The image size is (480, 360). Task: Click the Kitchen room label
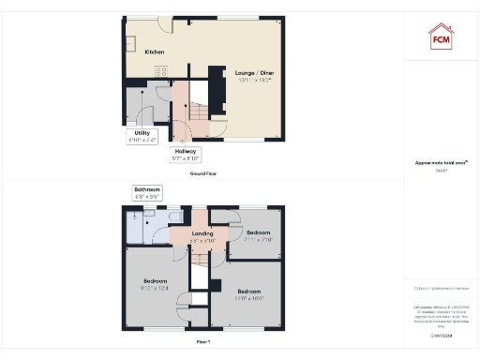pyautogui.click(x=155, y=52)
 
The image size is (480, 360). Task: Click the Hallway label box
pyautogui.click(x=185, y=155)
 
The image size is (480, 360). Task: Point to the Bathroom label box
pyautogui.click(x=148, y=194)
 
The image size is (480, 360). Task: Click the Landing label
pyautogui.click(x=204, y=236)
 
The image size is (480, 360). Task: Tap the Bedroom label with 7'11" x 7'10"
pyautogui.click(x=259, y=235)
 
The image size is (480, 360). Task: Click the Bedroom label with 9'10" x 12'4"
pyautogui.click(x=155, y=284)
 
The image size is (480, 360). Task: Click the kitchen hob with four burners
pyautogui.click(x=161, y=70)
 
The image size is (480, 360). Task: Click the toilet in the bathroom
pyautogui.click(x=175, y=217)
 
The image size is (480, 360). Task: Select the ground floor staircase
pyautogui.click(x=194, y=108)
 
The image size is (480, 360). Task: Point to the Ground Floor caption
pyautogui.click(x=203, y=174)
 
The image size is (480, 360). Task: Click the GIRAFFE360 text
pyautogui.click(x=441, y=335)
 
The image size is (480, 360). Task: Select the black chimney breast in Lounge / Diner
pyautogui.click(x=217, y=89)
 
